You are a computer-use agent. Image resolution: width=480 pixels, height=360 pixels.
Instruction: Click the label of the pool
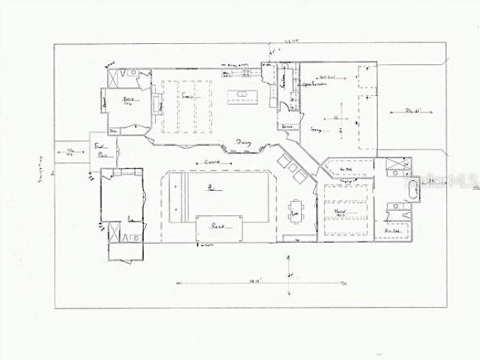click(x=212, y=188)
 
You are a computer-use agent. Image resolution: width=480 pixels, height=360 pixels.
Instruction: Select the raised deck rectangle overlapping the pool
click(x=219, y=228)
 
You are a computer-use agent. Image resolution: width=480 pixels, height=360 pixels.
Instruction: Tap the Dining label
click(x=243, y=142)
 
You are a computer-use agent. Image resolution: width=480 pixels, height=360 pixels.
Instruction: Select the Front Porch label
click(x=100, y=150)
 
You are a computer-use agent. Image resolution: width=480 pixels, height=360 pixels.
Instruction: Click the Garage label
click(x=316, y=129)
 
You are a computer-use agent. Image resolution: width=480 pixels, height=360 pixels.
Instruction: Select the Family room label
click(x=186, y=97)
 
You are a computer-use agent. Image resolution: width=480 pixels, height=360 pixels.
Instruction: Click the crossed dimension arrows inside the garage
click(x=340, y=118)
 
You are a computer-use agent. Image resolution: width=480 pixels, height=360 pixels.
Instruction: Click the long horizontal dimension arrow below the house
click(x=227, y=282)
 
